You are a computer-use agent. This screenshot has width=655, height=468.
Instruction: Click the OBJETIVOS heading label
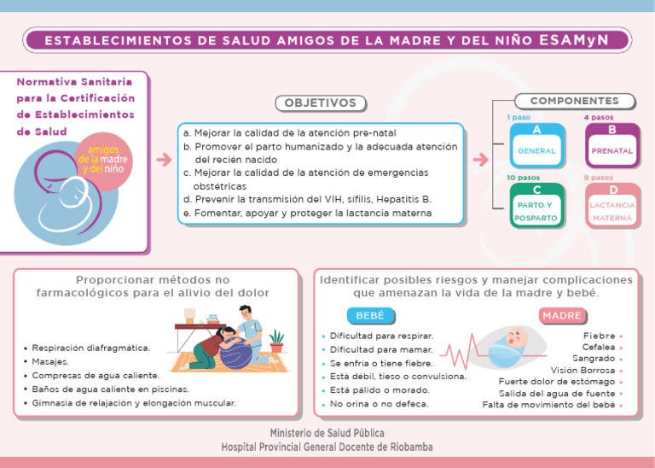point(320,103)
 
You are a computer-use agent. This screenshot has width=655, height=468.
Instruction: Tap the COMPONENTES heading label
point(574,101)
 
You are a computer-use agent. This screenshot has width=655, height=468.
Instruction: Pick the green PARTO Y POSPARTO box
point(536,207)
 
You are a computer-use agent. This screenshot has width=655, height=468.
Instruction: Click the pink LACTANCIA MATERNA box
point(612,207)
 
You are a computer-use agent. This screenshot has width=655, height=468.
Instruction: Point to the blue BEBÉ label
point(369,316)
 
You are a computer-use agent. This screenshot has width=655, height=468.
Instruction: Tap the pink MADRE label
point(561,316)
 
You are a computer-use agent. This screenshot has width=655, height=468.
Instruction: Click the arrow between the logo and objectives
point(164,160)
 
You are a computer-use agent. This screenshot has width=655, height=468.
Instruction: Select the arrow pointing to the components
point(481,160)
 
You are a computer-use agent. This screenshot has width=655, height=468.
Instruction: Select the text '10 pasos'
point(522,178)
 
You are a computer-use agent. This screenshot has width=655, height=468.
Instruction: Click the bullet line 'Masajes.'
point(51,361)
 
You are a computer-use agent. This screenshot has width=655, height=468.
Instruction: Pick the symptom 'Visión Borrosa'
point(583,370)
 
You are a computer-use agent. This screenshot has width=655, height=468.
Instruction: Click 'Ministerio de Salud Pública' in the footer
point(327,433)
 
